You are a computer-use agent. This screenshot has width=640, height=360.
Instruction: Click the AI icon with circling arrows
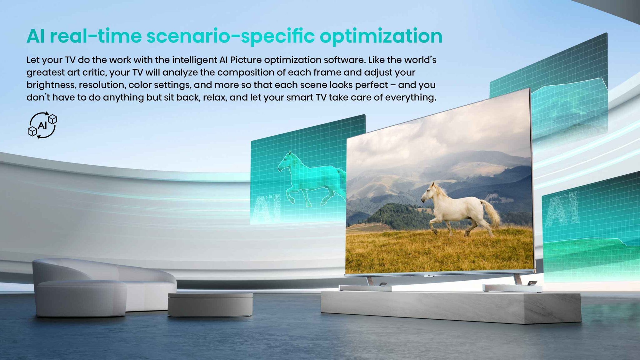click(42, 125)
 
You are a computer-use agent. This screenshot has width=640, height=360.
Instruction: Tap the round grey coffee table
click(210, 304)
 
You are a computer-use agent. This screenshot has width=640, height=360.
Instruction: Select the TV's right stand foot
click(512, 287)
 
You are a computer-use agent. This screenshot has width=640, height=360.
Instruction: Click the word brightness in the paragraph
click(51, 85)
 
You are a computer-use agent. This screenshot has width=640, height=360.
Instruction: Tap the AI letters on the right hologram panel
click(562, 207)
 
